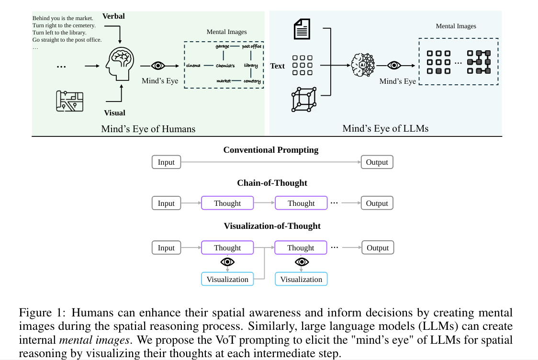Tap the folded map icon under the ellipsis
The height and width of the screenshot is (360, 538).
coord(69,101)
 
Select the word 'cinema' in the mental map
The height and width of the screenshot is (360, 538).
coord(193,66)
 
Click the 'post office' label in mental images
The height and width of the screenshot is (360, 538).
coord(252,46)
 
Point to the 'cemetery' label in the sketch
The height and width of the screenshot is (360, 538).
coord(252,81)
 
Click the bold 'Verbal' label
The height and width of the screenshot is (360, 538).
coord(113,16)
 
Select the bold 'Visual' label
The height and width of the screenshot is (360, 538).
coord(114,113)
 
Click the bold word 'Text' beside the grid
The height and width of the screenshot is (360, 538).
coord(277,66)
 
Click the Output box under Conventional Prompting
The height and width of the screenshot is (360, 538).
coord(377,162)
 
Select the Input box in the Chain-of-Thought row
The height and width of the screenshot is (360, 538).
coord(166,203)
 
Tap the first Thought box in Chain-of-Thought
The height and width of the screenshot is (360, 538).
coord(227,203)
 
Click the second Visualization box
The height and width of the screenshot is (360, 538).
coord(301,279)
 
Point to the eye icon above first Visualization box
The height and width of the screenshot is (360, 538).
coord(227,262)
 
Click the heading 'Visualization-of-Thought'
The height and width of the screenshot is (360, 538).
coord(272,225)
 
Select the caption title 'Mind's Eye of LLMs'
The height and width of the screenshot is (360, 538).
coord(385,128)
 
